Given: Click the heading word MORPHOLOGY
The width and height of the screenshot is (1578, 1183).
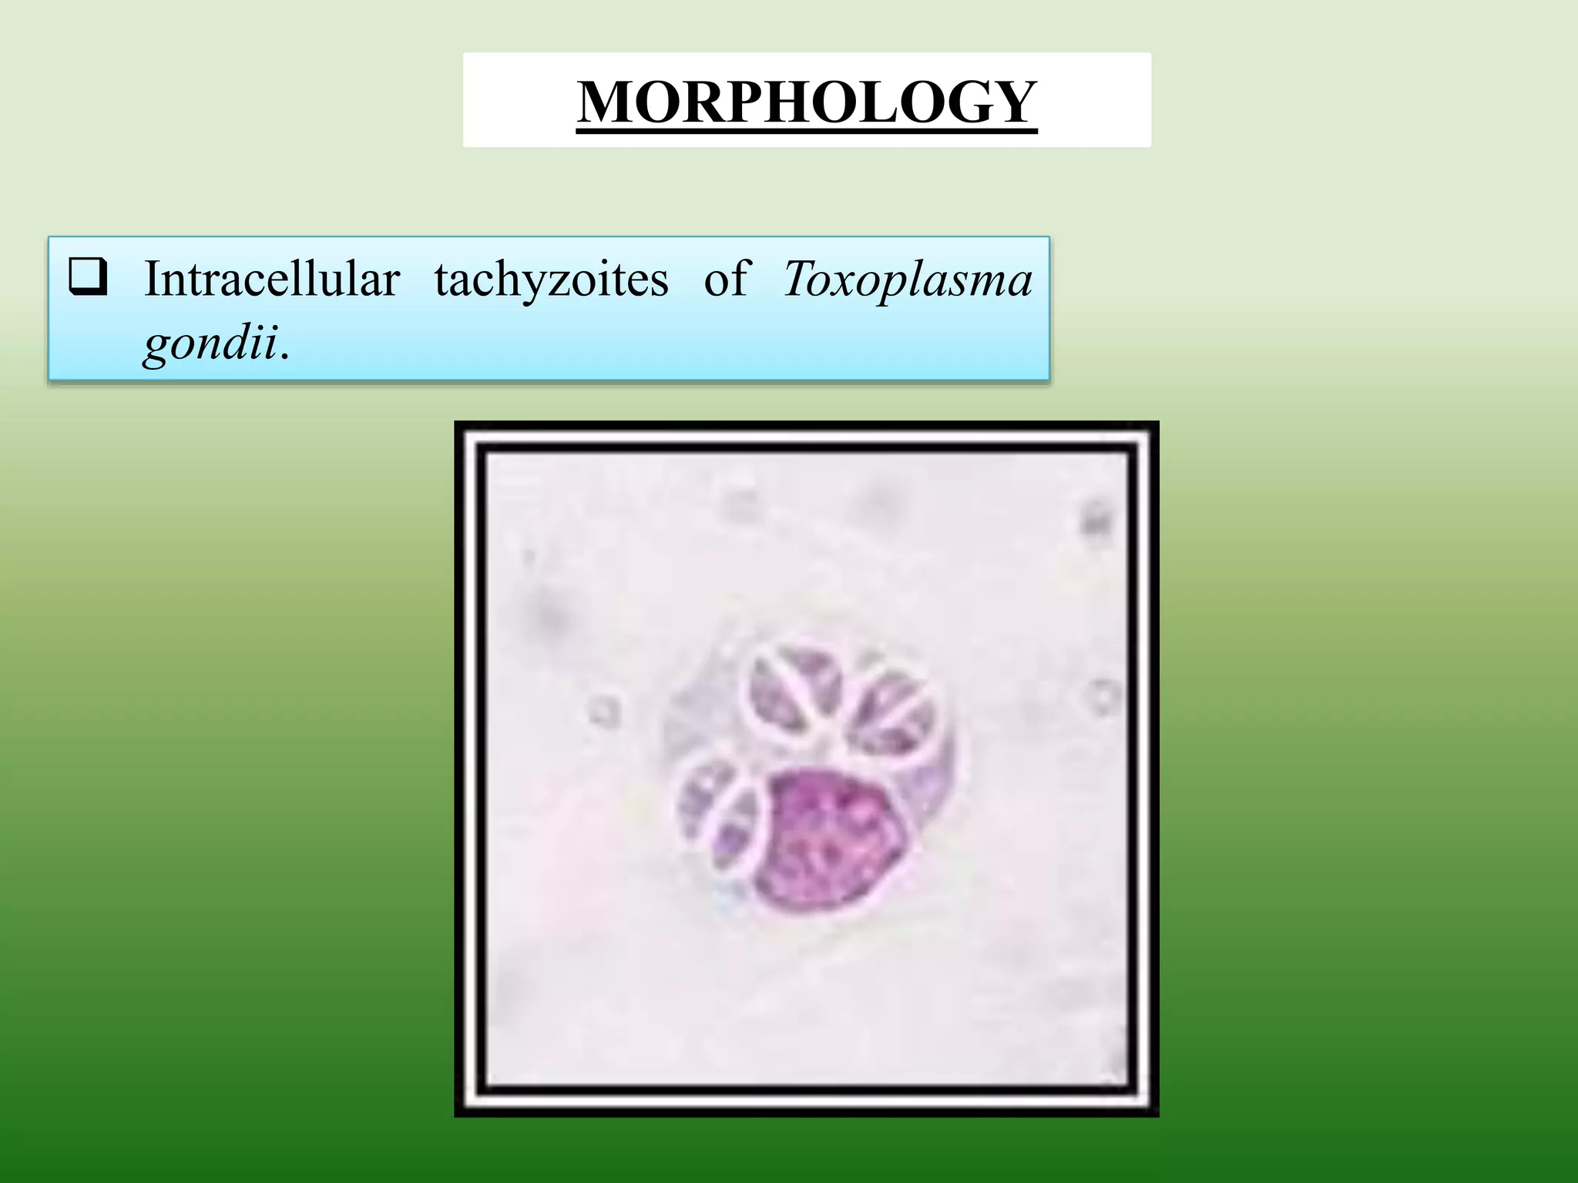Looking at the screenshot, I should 807,102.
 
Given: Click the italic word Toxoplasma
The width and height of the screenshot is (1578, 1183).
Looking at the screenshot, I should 907,280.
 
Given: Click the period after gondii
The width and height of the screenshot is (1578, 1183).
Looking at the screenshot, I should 284,355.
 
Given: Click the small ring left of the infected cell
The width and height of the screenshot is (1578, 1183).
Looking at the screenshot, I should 604,711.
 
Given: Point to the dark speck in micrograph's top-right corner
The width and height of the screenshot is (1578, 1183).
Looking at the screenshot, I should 1091,519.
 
